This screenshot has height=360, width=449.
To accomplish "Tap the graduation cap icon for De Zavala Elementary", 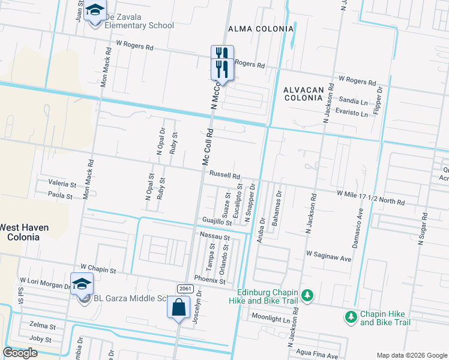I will click(x=94, y=11).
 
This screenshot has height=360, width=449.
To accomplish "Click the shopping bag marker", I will click(x=179, y=308).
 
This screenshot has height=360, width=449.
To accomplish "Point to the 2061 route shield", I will click(x=184, y=289).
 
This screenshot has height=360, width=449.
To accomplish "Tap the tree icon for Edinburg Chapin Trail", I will click(x=307, y=295).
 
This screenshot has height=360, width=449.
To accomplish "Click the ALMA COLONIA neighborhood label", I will click(x=261, y=29).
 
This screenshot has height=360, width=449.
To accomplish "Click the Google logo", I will click(x=20, y=353).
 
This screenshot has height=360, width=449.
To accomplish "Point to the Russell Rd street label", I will click(x=224, y=176).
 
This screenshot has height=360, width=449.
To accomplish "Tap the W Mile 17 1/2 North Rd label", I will click(x=370, y=197).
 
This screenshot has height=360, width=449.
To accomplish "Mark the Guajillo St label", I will click(x=217, y=222).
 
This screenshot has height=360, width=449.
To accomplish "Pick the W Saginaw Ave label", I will click(x=328, y=256).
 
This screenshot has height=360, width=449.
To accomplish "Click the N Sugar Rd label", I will click(x=424, y=232).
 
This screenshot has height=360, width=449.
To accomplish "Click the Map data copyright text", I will click(x=411, y=355).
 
